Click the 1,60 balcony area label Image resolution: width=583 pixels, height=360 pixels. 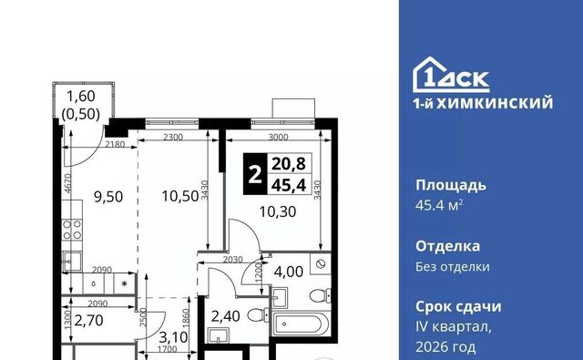click(81, 97)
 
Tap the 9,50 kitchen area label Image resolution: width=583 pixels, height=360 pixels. click(108, 197)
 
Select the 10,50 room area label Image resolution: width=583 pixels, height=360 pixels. click(180, 196)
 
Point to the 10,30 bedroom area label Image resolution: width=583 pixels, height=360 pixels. click(278, 211)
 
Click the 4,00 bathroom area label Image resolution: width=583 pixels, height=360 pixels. click(288, 272)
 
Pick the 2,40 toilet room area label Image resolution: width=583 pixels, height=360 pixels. click(225, 316)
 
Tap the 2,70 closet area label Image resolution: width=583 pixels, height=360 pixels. click(88, 320)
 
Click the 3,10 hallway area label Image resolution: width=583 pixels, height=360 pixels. click(173, 337)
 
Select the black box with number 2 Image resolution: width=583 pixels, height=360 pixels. click(255, 174)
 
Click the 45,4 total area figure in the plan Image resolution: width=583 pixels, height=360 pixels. click(289, 185)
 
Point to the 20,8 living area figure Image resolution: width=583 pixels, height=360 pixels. click(289, 164)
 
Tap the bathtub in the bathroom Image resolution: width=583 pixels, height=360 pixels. click(301, 324)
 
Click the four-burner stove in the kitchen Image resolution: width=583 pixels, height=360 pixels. click(72, 230)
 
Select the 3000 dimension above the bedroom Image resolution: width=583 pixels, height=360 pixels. click(278, 137)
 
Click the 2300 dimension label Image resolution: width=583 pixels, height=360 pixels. click(173, 137)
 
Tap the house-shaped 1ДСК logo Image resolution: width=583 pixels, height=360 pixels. click(451, 75)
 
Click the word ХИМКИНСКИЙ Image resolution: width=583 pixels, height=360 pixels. click(495, 103)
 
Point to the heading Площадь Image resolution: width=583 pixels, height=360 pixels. click(451, 185)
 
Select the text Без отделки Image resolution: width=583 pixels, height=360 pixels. click(453, 267)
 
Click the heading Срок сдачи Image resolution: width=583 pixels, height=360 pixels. click(458, 307)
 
